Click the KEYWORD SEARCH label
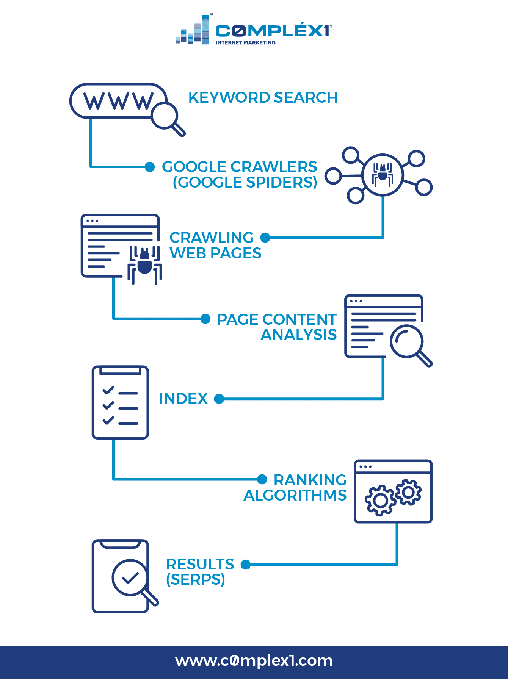[x=263, y=98]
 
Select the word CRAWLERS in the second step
[x=274, y=167]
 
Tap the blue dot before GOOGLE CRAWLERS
[x=150, y=167]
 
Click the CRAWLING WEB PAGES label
[x=215, y=246]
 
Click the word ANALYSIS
[x=299, y=335]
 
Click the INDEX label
[x=183, y=399]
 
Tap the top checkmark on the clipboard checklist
[x=108, y=390]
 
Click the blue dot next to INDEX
[x=219, y=399]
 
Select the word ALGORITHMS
[x=295, y=495]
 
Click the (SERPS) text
[x=196, y=579]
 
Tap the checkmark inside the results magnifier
[x=130, y=577]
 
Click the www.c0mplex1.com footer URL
[x=254, y=661]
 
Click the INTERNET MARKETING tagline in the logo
[x=246, y=42]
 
